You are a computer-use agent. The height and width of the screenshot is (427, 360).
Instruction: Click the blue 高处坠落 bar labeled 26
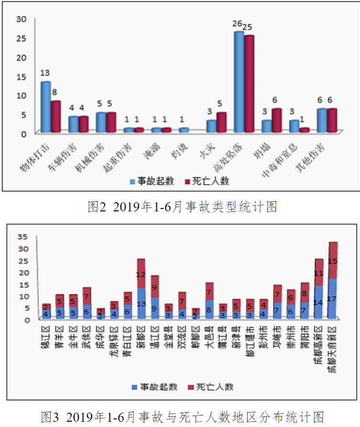(x=239, y=81)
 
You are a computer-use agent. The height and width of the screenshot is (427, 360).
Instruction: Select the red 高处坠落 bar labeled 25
(x=249, y=84)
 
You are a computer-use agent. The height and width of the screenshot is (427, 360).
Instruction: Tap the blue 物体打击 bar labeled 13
(x=45, y=107)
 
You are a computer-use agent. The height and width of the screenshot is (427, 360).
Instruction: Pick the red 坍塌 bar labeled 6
(x=277, y=120)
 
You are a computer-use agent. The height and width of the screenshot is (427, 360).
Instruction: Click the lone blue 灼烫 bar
(x=184, y=130)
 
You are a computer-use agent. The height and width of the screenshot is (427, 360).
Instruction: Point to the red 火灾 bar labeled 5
(x=221, y=122)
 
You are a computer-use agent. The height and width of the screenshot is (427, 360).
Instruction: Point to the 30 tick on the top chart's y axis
(x=21, y=19)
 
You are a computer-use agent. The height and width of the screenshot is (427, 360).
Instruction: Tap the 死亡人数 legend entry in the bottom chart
(x=211, y=386)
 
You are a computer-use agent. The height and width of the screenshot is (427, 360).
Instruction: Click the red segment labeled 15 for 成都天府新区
(x=333, y=261)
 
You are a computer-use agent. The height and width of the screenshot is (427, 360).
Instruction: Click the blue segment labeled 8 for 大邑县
(x=209, y=310)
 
